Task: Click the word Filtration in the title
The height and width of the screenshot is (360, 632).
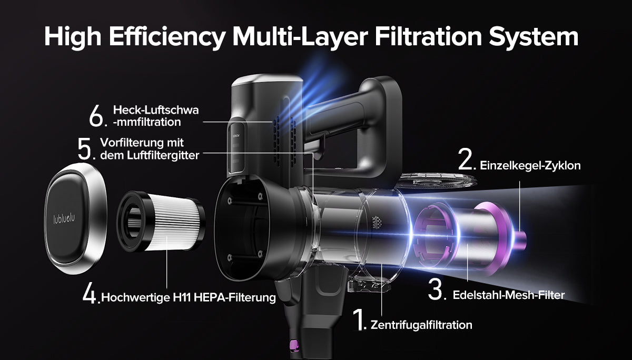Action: [x=428, y=37]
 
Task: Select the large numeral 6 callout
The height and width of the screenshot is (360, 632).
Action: [x=97, y=116]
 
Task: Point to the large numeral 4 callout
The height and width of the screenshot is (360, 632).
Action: [x=90, y=295]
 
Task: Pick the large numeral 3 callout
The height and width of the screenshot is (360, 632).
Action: [x=436, y=290]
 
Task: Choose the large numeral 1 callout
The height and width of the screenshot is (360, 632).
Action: [x=359, y=319]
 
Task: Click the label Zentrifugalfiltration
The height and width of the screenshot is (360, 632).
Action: [x=421, y=325]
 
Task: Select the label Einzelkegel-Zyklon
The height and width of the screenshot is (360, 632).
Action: [x=530, y=166]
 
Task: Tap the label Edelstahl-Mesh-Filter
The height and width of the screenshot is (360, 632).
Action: [x=509, y=295]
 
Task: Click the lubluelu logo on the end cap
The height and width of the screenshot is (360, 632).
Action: [x=64, y=218]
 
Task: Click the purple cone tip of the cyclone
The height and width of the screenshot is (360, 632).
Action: [x=520, y=239]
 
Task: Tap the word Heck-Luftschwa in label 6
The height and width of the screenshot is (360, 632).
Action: [x=156, y=110]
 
